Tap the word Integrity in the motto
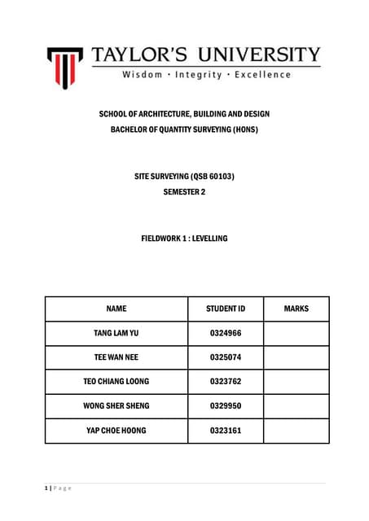coord(199,75)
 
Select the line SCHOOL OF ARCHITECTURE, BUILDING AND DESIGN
coord(184,114)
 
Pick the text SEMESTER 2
coord(184,192)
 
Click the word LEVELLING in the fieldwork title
coord(208,239)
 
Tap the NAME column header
coord(116,309)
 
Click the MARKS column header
coord(296,309)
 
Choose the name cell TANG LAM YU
coord(116,334)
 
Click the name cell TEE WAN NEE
coord(116,357)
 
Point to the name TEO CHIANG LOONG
coord(116,381)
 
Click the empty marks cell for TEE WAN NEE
coord(296,357)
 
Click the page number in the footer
coord(46,488)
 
